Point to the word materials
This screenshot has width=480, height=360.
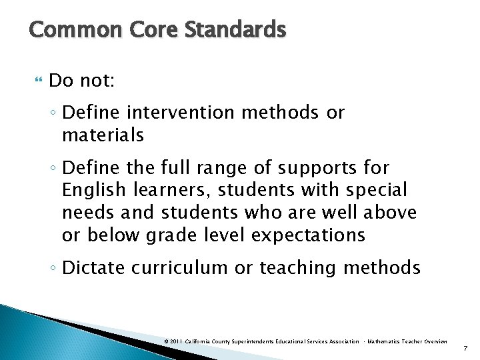tap(103, 135)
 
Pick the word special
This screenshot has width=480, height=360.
tap(375, 191)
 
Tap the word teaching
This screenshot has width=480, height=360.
tap(298, 269)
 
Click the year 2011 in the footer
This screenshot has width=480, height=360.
tap(176, 341)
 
